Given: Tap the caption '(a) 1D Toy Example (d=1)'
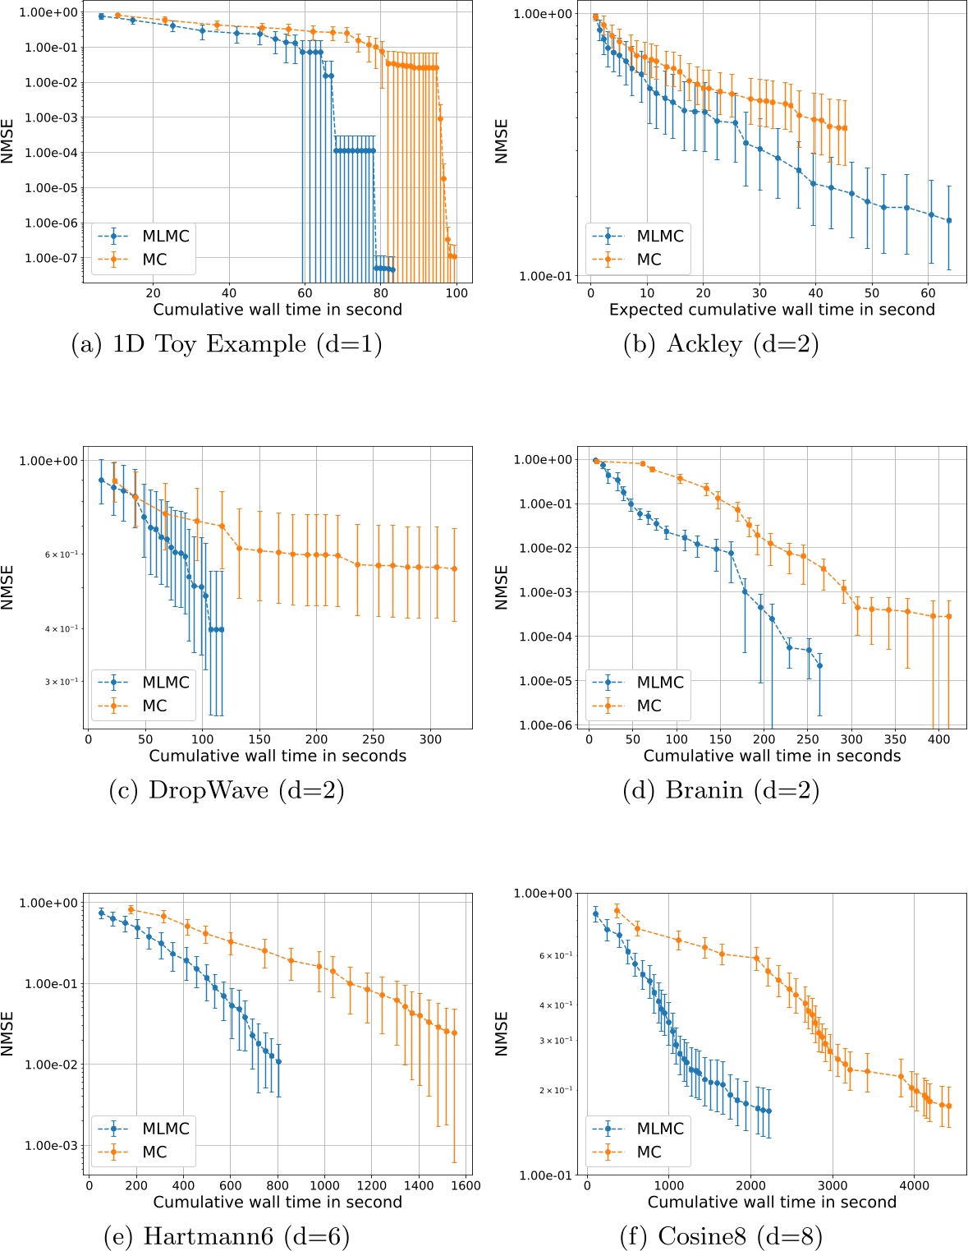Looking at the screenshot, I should click(227, 343).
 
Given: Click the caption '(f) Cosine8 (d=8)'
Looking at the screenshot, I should click(722, 1235).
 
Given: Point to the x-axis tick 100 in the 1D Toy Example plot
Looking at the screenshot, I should click(456, 293).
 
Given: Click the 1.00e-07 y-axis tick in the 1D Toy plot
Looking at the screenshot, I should click(51, 258).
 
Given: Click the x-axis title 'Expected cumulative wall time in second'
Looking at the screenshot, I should click(772, 310).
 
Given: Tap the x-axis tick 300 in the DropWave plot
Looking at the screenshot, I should click(430, 739).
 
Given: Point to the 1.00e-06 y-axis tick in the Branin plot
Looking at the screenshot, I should click(546, 725).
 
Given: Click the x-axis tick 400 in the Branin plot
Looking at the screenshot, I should click(938, 739).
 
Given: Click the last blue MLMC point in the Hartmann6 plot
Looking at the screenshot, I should click(278, 1061).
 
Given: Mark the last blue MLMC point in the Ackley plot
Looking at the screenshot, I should click(949, 220).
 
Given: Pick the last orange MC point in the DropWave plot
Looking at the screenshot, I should click(455, 568).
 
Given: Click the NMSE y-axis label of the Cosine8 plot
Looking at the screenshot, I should click(502, 1033).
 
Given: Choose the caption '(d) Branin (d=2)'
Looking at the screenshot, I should click(722, 790).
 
